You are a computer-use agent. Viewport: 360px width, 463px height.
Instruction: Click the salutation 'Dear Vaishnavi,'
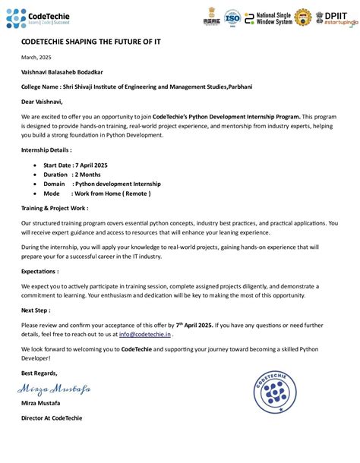[42, 101]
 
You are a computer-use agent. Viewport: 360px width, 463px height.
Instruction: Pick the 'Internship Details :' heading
[47, 150]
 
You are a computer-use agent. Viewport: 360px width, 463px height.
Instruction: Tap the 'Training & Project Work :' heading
[55, 207]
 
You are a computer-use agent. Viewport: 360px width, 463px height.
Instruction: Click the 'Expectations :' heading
[40, 270]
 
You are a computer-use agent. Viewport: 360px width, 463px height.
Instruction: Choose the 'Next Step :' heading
[36, 310]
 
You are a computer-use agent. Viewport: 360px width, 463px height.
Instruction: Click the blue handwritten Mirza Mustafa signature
[54, 389]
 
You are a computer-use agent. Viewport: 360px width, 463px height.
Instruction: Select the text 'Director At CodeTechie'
[52, 417]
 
